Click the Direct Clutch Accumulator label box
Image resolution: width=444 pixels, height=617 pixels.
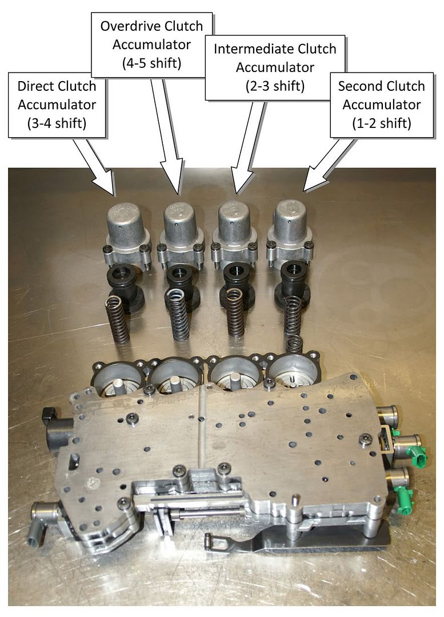click(57, 105)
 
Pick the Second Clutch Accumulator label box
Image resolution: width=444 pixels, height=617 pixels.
click(381, 104)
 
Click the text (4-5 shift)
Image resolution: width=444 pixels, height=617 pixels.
click(151, 63)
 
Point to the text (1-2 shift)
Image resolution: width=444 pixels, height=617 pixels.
click(381, 123)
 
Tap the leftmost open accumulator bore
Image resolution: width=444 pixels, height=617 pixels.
click(120, 380)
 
